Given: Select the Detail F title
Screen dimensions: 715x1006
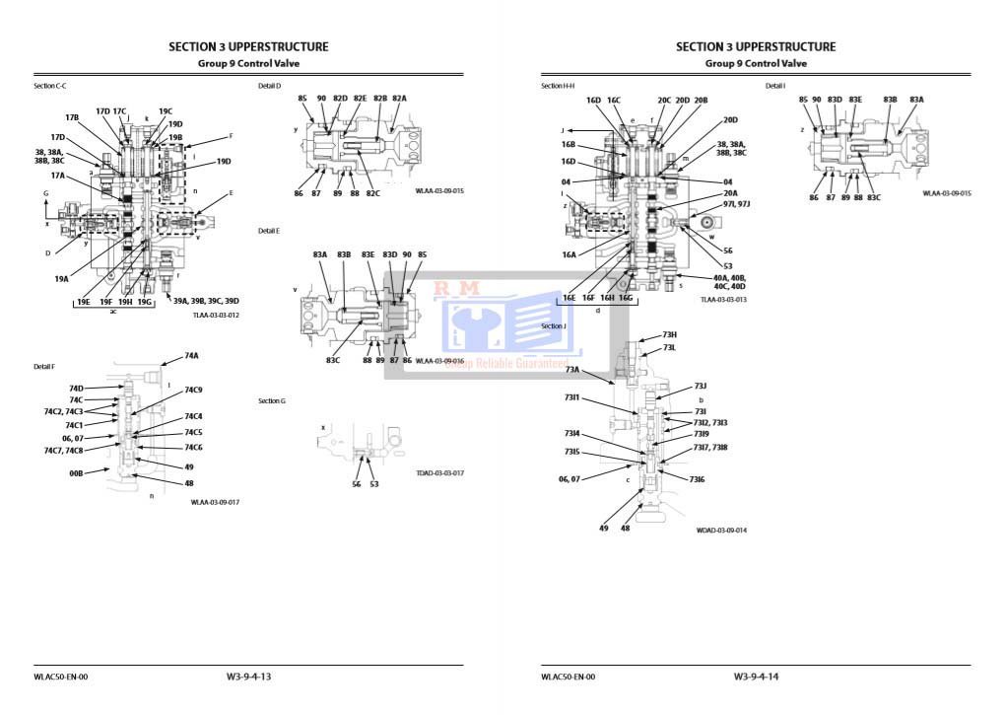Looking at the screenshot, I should pyautogui.click(x=45, y=367).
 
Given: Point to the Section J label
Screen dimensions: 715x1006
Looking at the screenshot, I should pyautogui.click(x=554, y=325).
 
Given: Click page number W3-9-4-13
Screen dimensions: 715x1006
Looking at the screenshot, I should pyautogui.click(x=248, y=677).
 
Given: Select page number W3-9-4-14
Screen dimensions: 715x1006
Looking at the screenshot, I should pyautogui.click(x=756, y=677).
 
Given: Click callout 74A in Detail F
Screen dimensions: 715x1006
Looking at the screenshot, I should pyautogui.click(x=191, y=356).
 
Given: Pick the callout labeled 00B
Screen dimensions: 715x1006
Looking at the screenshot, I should pyautogui.click(x=76, y=473).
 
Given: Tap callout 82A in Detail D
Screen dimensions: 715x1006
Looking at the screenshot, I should pyautogui.click(x=399, y=99).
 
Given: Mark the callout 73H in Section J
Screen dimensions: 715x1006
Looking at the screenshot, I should pyautogui.click(x=669, y=334).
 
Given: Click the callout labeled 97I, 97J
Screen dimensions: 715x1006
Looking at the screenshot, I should pyautogui.click(x=736, y=204).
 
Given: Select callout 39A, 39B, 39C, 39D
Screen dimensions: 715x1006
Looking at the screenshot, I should pyautogui.click(x=206, y=301).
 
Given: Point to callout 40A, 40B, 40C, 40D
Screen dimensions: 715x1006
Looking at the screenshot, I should pyautogui.click(x=729, y=282).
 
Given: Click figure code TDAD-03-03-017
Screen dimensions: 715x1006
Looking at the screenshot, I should pyautogui.click(x=439, y=473).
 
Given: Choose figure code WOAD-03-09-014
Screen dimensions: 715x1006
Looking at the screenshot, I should pyautogui.click(x=721, y=531).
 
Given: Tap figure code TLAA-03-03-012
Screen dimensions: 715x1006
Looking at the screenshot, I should pyautogui.click(x=216, y=315).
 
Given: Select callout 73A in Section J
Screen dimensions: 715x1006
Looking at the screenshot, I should pyautogui.click(x=572, y=369).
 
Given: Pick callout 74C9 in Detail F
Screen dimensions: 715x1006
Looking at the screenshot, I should pyautogui.click(x=192, y=391).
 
